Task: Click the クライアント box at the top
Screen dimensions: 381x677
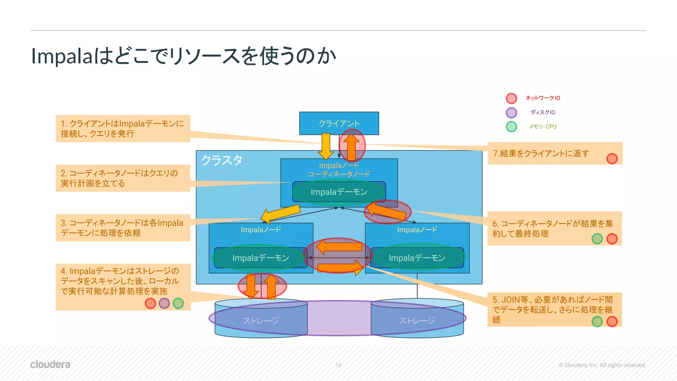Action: (x=339, y=123)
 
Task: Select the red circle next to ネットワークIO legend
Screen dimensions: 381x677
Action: (x=511, y=98)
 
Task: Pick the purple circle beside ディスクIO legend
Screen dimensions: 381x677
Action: (x=511, y=112)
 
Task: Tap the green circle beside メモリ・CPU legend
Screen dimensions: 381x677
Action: (x=511, y=127)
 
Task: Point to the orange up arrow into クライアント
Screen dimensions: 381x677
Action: (x=351, y=146)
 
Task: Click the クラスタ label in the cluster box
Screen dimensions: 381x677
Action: (x=222, y=160)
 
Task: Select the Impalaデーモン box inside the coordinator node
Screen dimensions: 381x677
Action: (x=339, y=192)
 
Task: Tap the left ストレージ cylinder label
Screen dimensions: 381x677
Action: (x=261, y=320)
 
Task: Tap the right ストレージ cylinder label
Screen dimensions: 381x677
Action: (x=417, y=320)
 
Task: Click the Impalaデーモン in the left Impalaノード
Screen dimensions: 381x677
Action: (x=260, y=258)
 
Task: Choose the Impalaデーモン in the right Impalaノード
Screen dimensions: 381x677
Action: (x=417, y=258)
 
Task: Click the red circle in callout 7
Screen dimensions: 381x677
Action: (x=612, y=159)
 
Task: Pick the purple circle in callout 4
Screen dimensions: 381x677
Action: (x=164, y=303)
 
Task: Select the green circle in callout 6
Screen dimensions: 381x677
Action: (x=597, y=239)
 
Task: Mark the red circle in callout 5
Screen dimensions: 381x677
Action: (x=612, y=321)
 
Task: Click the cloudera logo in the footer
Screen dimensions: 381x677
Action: (x=50, y=364)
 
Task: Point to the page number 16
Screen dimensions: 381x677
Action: (x=338, y=365)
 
